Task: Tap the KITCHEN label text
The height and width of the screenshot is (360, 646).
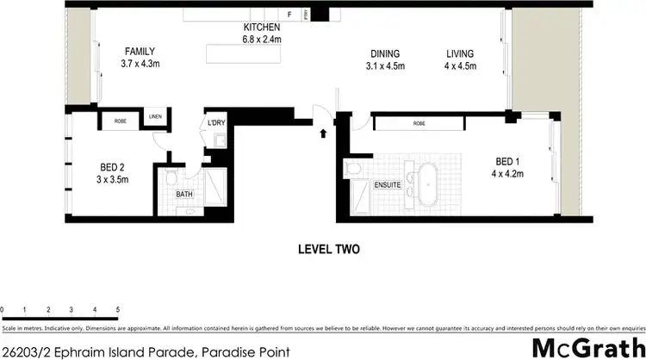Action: [263, 27]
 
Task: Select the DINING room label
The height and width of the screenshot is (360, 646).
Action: [385, 54]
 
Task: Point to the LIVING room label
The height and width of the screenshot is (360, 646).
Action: [459, 54]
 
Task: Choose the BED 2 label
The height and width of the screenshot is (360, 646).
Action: [112, 168]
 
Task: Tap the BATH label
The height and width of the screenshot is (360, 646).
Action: [184, 195]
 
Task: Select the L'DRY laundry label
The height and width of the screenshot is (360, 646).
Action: [214, 123]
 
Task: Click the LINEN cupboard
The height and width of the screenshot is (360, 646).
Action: [155, 118]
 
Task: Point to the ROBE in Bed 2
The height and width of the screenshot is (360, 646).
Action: [121, 121]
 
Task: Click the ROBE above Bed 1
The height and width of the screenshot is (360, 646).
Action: [419, 124]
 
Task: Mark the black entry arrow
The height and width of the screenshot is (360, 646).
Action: [323, 133]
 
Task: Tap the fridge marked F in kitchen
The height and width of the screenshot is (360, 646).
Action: [290, 15]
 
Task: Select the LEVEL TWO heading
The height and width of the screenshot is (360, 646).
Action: [328, 250]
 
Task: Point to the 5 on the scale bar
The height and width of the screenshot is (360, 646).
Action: [117, 309]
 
